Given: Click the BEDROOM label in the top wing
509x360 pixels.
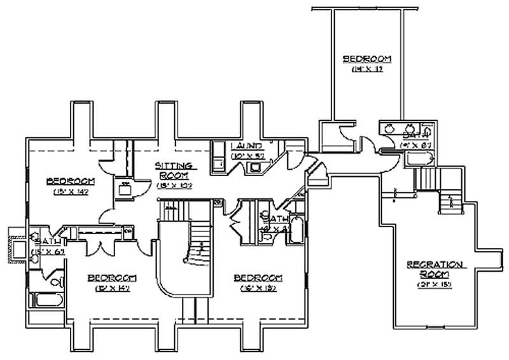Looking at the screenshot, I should (x=367, y=59).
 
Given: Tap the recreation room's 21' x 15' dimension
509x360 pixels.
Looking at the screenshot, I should (x=434, y=284).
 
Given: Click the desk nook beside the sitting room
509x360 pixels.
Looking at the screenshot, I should (x=124, y=189).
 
